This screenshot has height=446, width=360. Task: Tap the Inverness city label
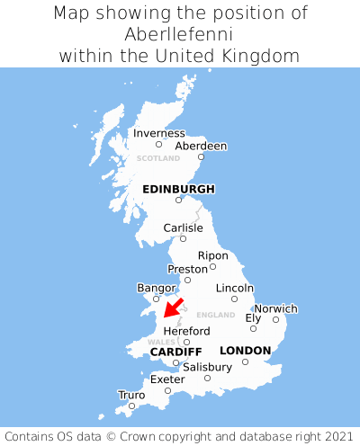point(158,133)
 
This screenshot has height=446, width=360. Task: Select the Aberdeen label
point(201,146)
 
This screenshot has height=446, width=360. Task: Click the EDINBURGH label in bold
point(178,189)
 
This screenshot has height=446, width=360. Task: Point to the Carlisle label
point(183,227)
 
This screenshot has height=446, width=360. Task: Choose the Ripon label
point(213,255)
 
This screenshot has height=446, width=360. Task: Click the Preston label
point(187,269)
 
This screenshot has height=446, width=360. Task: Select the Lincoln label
point(235,288)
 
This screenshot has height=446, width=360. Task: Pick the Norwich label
point(275,308)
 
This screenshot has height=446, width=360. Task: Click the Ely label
point(253,317)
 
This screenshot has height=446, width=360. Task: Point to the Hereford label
point(186,331)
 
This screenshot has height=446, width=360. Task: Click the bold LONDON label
point(245,351)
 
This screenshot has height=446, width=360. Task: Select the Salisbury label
point(207,367)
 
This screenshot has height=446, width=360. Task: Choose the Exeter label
point(167,379)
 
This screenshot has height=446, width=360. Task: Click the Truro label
point(131,395)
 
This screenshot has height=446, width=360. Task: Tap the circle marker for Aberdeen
point(202,157)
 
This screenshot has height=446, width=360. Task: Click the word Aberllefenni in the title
point(180,34)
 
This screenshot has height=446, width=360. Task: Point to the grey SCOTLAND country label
point(158,158)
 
